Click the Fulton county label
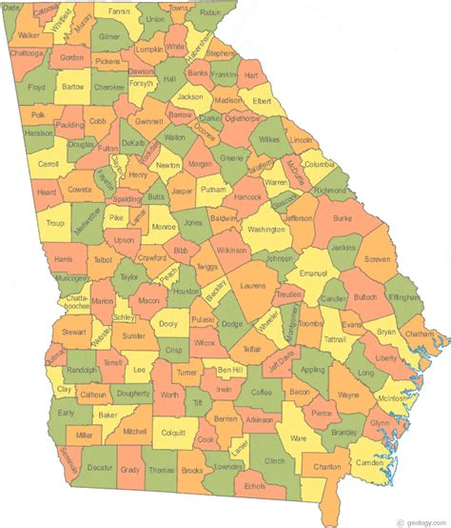point(108,149)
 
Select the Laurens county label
point(252,285)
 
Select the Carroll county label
point(47,163)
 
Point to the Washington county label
point(265,230)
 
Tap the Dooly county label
point(169,324)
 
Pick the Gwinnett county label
point(147,122)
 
